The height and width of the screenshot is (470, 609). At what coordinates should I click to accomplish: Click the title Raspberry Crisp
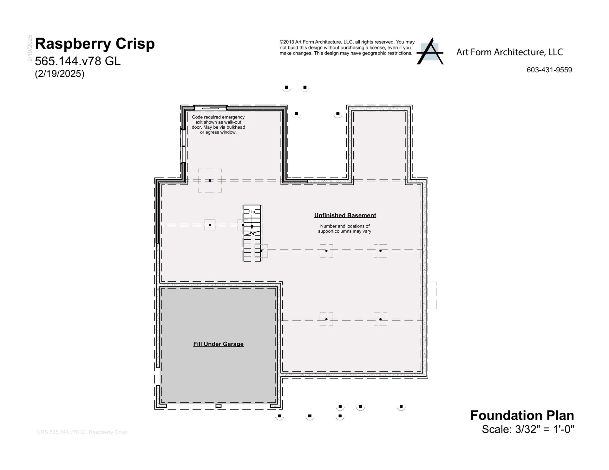[95, 44]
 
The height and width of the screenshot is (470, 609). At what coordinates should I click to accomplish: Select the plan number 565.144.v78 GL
[78, 61]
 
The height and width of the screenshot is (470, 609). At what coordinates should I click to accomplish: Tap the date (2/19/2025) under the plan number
[60, 74]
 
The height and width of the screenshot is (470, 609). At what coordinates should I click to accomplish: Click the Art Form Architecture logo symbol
[430, 51]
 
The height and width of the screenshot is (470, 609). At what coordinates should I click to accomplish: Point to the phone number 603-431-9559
[549, 70]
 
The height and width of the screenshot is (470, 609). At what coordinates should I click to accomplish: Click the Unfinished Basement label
[345, 216]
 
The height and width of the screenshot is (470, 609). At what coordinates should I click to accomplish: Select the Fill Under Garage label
[219, 344]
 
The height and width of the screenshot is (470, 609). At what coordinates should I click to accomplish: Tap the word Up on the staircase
[252, 212]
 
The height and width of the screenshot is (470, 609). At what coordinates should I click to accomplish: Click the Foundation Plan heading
[522, 415]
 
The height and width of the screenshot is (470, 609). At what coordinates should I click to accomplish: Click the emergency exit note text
[218, 125]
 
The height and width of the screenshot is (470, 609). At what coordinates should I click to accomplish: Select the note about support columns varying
[345, 229]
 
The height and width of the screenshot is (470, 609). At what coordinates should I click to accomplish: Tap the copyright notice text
[347, 48]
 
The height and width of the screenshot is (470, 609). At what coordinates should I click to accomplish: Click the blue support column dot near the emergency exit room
[210, 181]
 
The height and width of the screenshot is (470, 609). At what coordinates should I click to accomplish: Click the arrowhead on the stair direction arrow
[252, 227]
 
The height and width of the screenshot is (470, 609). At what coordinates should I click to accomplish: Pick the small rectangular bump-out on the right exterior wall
[432, 295]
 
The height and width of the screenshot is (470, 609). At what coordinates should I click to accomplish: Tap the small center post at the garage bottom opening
[219, 406]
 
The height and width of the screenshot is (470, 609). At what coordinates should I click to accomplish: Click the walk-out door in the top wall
[210, 108]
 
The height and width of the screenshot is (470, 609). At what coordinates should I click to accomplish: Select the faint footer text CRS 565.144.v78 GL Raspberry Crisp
[82, 432]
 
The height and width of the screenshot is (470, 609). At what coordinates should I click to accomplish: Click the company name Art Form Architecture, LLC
[509, 52]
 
